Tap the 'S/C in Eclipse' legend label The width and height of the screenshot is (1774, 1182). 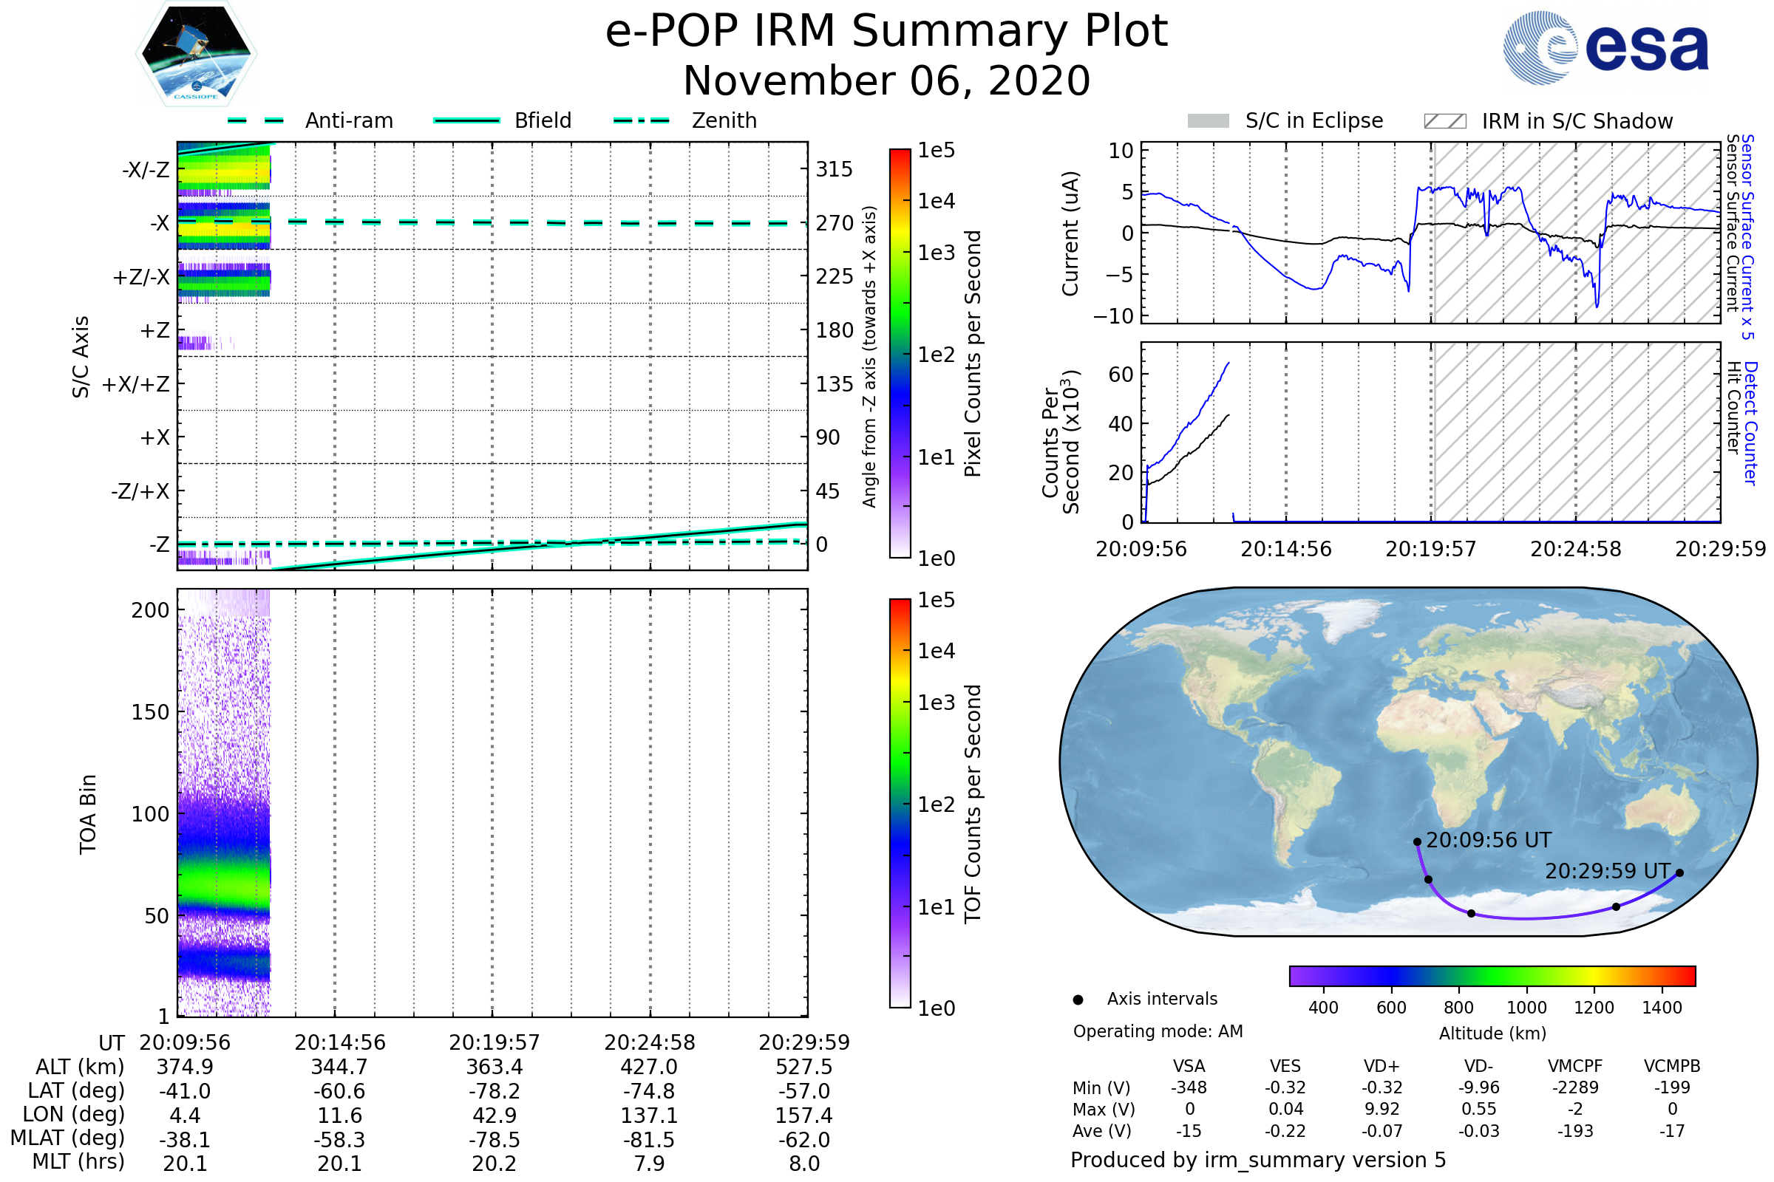coord(1313,121)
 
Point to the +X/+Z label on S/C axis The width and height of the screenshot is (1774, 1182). coord(136,384)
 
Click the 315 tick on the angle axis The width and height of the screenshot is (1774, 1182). coord(834,169)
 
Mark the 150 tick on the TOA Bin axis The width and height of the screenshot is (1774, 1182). coord(150,712)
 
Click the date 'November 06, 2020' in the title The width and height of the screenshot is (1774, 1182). coord(886,81)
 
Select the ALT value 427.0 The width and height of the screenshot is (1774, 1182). coord(649,1067)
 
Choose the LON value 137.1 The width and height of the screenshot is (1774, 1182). coord(649,1116)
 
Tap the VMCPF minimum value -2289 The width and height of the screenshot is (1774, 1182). coord(1575,1087)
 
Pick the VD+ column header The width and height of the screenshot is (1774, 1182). coord(1381,1067)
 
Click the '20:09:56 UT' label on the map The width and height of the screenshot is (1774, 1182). coord(1488,841)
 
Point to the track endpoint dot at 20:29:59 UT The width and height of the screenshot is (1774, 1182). coord(1679,873)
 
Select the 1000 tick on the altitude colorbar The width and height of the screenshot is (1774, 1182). coord(1526,1008)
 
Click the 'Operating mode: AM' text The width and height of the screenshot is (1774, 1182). coord(1158,1031)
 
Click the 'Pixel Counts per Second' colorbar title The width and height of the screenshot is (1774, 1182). coord(973,354)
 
